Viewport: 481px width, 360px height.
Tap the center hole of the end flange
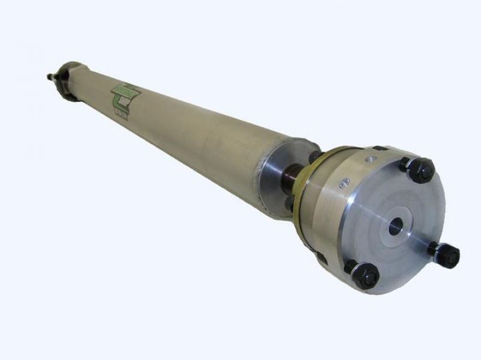tap(395, 227)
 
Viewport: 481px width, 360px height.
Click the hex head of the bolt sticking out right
tap(449, 255)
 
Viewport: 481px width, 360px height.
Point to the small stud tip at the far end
tap(50, 76)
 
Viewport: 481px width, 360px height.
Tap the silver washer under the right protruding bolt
tap(434, 248)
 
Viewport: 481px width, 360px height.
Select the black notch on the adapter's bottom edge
tap(321, 258)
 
